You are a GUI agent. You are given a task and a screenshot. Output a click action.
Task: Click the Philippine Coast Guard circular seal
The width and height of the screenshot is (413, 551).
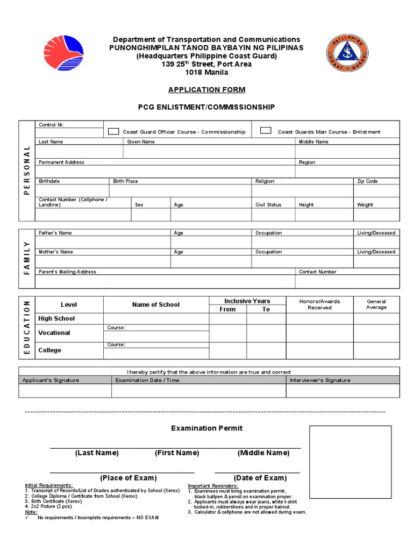[x=347, y=54]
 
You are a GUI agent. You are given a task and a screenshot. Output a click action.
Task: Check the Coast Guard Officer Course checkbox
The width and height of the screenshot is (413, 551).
[x=113, y=131]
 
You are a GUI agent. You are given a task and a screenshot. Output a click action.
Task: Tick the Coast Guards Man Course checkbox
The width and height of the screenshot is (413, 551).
[x=266, y=131]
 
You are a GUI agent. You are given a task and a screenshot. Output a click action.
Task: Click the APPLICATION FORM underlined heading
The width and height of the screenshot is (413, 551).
[x=206, y=89]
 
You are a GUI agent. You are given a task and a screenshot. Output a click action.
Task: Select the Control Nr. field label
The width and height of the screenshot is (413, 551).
[x=52, y=125]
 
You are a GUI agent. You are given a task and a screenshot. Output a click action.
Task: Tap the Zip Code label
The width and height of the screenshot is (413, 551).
[x=367, y=181]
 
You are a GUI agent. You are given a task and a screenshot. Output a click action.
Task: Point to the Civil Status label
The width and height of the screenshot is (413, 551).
[x=268, y=204]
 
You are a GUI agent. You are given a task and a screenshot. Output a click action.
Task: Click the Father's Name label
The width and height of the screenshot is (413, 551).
[x=55, y=233]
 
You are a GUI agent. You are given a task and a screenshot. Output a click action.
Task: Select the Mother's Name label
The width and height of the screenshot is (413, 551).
[x=56, y=252]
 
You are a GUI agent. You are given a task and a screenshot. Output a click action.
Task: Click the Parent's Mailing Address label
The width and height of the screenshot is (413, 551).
[x=67, y=272]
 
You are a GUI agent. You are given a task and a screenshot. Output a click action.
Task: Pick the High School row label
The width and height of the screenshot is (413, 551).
[x=56, y=319]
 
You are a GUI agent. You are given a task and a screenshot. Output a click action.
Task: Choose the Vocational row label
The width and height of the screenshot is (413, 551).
[x=54, y=333]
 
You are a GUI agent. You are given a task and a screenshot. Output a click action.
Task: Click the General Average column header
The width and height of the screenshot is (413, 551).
[x=376, y=305]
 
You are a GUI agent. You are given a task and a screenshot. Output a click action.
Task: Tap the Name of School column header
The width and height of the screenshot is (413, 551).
[x=156, y=305]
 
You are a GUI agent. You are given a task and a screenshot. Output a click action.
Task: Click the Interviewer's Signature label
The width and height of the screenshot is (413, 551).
[x=319, y=380]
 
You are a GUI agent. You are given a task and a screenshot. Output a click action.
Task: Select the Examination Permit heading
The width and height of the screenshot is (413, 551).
[x=206, y=428]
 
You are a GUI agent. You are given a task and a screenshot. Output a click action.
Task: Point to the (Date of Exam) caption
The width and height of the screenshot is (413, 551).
[x=260, y=478]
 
